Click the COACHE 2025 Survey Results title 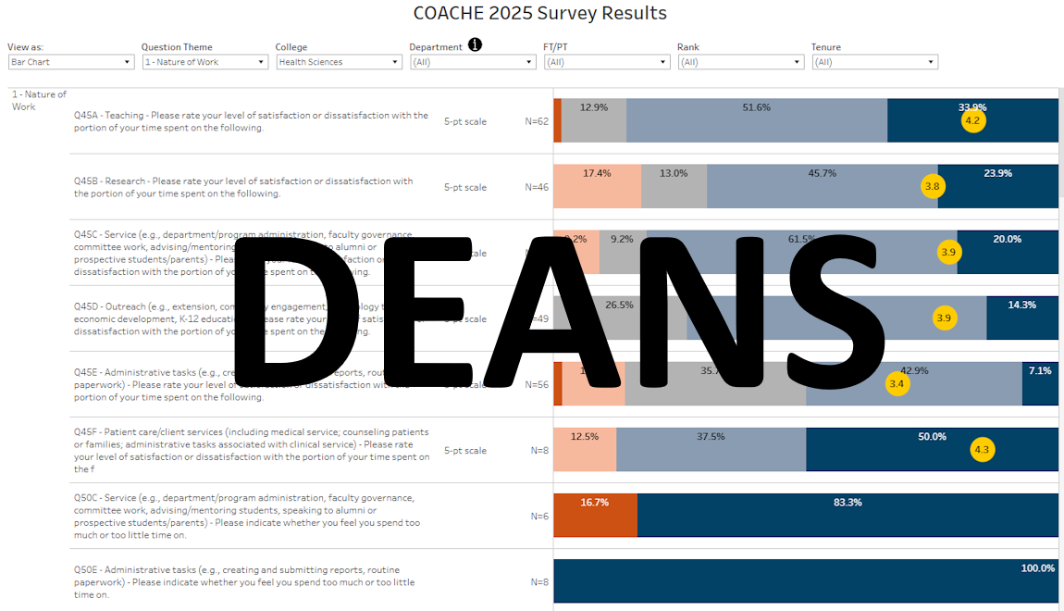[540, 13]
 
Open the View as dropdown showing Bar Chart [71, 62]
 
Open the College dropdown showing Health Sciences [339, 62]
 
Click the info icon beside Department [475, 45]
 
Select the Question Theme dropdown [204, 62]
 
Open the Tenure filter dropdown [874, 62]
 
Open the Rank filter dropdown [740, 62]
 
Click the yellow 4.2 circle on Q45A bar [972, 120]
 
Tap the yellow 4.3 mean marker [982, 450]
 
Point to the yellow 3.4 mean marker [897, 383]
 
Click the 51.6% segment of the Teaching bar [756, 120]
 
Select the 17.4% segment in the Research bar [597, 186]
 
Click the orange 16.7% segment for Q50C [595, 515]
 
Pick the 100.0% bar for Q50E [805, 581]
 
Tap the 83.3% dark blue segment [847, 515]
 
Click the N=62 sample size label [537, 121]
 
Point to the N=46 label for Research [537, 187]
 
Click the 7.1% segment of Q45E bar [1040, 383]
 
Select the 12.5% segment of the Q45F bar [584, 450]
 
